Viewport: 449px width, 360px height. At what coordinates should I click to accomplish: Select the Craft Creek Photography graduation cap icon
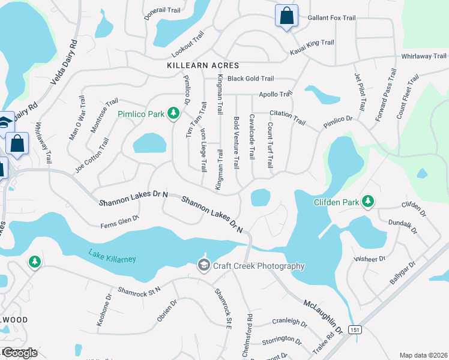click(x=203, y=265)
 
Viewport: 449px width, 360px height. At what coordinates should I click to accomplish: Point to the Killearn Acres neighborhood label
click(x=204, y=65)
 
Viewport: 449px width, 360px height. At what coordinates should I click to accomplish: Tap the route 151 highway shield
click(x=357, y=329)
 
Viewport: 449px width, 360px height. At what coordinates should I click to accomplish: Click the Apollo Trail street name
click(x=275, y=94)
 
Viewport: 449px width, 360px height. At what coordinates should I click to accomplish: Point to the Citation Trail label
click(x=288, y=116)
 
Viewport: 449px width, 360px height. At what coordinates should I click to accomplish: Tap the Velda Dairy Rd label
click(x=65, y=62)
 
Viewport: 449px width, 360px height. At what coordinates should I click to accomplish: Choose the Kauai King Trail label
click(x=312, y=43)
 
